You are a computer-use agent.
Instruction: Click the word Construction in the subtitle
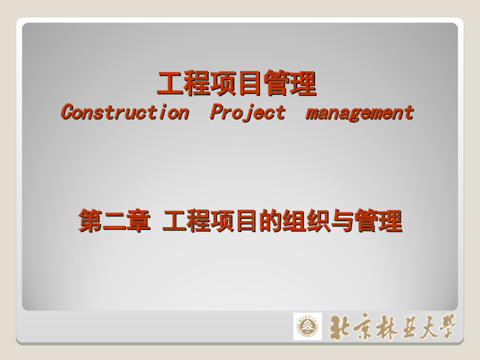coord(125,112)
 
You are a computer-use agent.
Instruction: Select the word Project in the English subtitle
coord(247,112)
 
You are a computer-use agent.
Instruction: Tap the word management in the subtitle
coord(360,113)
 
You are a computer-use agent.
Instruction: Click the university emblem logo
coord(307,326)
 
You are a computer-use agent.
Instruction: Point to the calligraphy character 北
coord(341,327)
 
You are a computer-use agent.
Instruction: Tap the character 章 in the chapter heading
coord(138,221)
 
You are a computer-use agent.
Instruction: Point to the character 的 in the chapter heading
coord(270,221)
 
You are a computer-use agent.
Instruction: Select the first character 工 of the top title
coord(170,84)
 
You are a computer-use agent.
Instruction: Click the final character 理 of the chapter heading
coord(390,221)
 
